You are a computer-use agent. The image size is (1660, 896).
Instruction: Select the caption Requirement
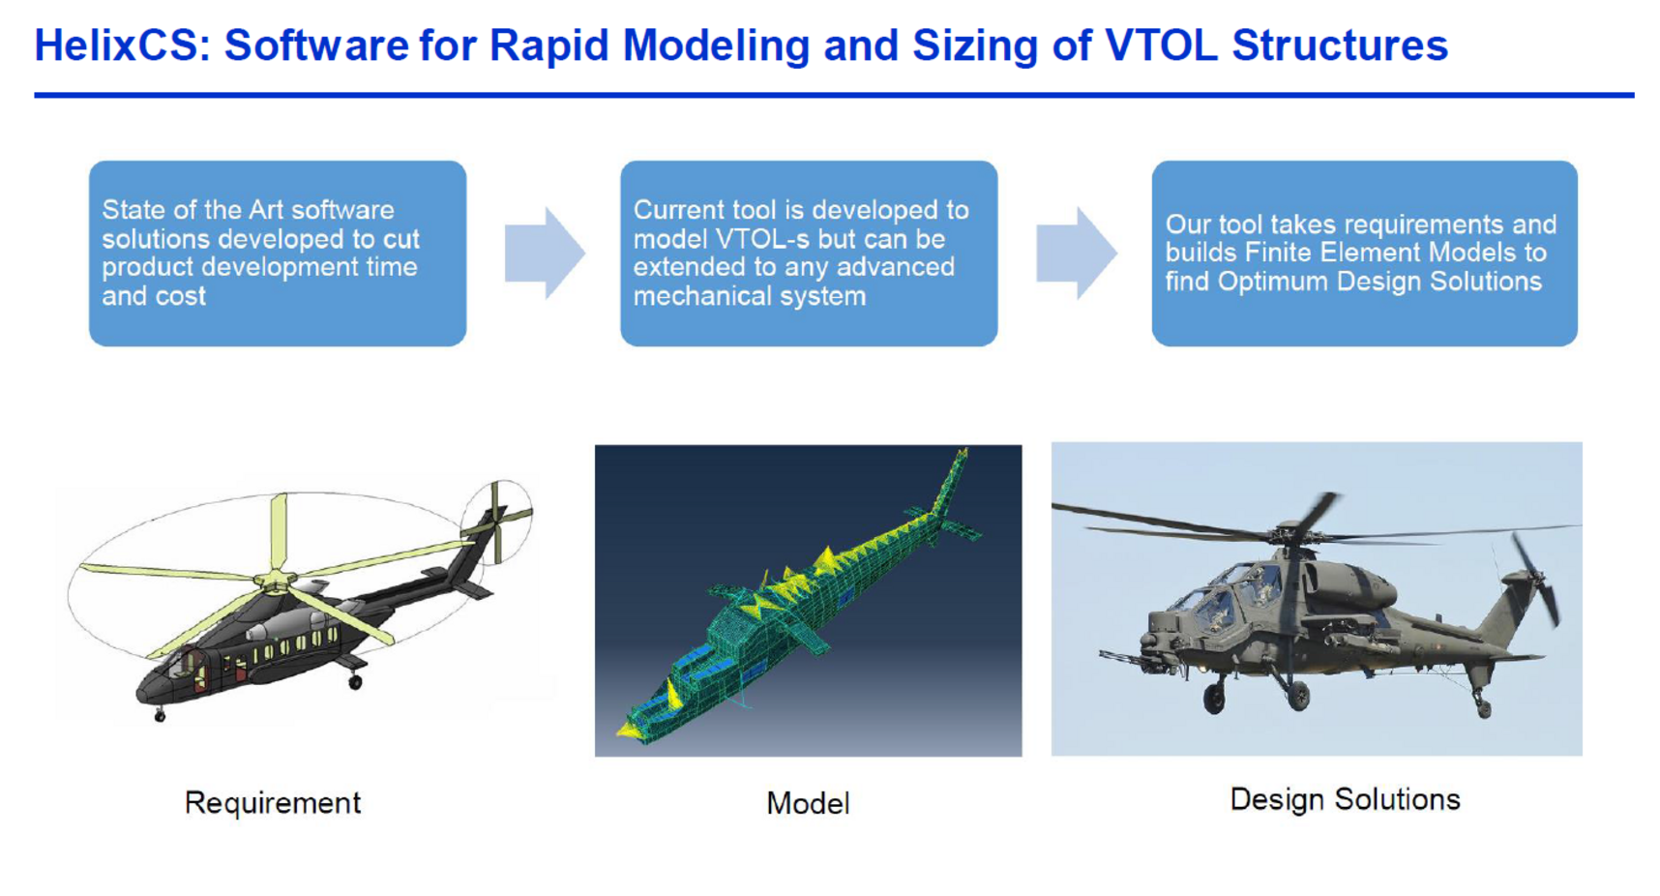coord(272,803)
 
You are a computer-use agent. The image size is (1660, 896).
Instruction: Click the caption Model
coord(808,803)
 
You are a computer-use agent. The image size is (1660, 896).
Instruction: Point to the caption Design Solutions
coord(1345,799)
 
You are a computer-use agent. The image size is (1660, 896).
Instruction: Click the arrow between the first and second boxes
coord(545,253)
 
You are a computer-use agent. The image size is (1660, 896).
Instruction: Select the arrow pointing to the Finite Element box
coord(1077,253)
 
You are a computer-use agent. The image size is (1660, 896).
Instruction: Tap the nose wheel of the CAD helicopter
coord(160,716)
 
